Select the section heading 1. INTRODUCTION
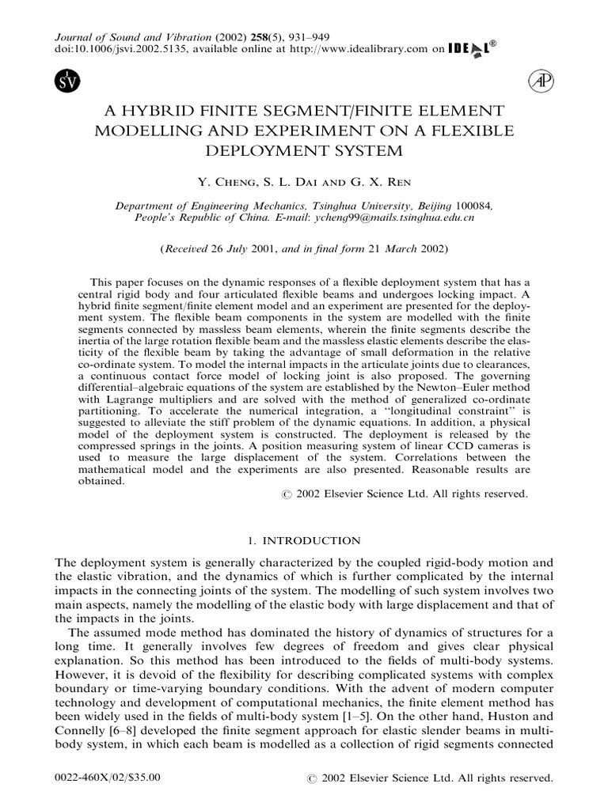(303, 540)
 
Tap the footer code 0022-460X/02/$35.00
(107, 778)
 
